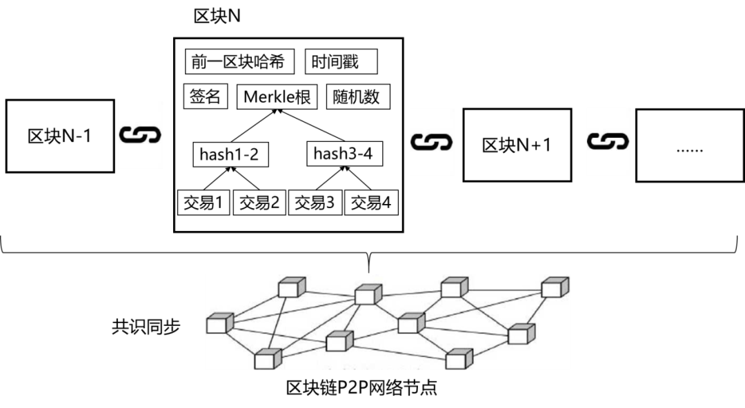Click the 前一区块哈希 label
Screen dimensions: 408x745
[x=239, y=61]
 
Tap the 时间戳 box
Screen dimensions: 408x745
[x=341, y=61]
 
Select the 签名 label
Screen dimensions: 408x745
[x=205, y=96]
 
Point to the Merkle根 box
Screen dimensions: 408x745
[x=277, y=97]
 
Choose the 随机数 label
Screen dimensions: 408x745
[x=359, y=97]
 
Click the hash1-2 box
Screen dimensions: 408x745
[x=230, y=155]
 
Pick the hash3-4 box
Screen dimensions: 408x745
[x=344, y=154]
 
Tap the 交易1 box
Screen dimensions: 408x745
[x=203, y=203]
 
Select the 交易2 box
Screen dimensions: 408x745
[x=259, y=203]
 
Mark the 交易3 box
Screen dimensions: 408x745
[x=315, y=203]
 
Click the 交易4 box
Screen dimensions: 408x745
[x=371, y=203]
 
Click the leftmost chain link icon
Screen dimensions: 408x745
[x=140, y=134]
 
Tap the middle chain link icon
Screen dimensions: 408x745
[x=432, y=142]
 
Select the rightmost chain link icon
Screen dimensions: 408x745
[x=608, y=141]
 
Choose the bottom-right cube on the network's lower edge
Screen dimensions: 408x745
[x=459, y=359]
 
